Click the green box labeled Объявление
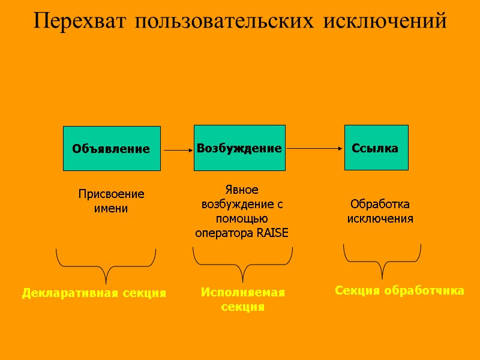coord(112,148)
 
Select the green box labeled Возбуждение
coord(239,148)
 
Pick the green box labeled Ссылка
coord(376,148)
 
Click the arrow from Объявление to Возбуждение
coord(177,151)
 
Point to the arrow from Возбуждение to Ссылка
coord(314,147)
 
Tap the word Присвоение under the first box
coord(112,194)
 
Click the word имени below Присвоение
coord(112,209)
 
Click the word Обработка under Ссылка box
coord(380,204)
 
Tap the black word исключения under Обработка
coord(380,218)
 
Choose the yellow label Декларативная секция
coord(94,293)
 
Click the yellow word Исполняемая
coord(242,292)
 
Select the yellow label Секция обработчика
coord(399,291)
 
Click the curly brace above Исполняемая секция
coord(242,264)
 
